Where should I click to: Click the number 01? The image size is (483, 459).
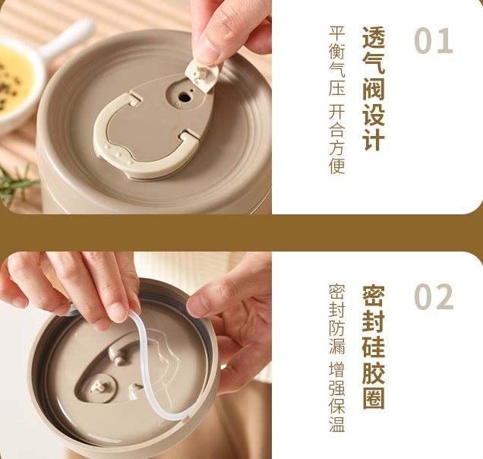(x=434, y=41)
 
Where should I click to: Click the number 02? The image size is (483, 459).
(x=434, y=297)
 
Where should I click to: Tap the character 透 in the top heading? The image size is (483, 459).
(x=374, y=37)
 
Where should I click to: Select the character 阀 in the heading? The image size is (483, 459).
(x=374, y=88)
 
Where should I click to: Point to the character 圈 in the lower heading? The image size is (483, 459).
(x=374, y=398)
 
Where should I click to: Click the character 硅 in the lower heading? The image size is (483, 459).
(x=374, y=347)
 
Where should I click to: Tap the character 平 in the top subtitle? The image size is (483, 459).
(x=336, y=34)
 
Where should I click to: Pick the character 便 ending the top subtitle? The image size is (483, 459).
(x=336, y=166)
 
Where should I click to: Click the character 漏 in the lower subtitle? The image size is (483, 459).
(x=336, y=346)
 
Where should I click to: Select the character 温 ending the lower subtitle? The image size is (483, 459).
(x=336, y=424)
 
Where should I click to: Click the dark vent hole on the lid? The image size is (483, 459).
(x=185, y=98)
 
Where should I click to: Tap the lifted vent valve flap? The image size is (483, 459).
(x=202, y=75)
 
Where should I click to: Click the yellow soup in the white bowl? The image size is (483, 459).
(x=14, y=81)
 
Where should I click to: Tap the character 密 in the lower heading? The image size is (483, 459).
(x=374, y=296)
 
